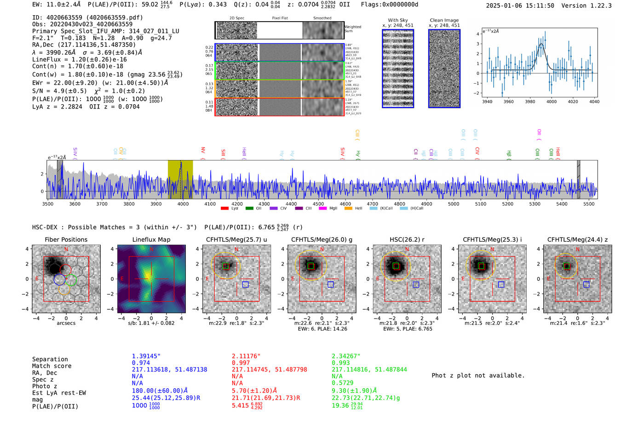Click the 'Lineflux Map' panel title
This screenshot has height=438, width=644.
(x=151, y=239)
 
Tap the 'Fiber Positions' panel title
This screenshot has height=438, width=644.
(x=66, y=239)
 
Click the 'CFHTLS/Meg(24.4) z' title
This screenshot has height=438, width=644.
(x=577, y=239)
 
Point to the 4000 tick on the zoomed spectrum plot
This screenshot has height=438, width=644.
(x=551, y=102)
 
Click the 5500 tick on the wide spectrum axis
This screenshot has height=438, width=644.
(x=589, y=204)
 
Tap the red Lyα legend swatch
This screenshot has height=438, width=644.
(x=224, y=209)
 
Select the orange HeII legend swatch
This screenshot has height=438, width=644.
(x=348, y=209)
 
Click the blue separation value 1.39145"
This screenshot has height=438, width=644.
(x=146, y=356)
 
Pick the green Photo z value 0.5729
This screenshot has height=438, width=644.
(x=342, y=383)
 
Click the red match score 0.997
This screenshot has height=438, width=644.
(x=241, y=363)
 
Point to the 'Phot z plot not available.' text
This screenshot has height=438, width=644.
(x=478, y=375)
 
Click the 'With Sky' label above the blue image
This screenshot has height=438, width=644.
(x=397, y=20)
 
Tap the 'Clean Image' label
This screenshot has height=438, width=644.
(x=444, y=20)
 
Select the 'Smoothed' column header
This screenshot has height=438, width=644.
(x=322, y=18)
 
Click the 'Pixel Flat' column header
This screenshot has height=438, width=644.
(x=280, y=18)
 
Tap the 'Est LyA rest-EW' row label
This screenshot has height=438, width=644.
(x=59, y=393)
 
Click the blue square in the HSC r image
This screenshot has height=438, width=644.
(x=416, y=285)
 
